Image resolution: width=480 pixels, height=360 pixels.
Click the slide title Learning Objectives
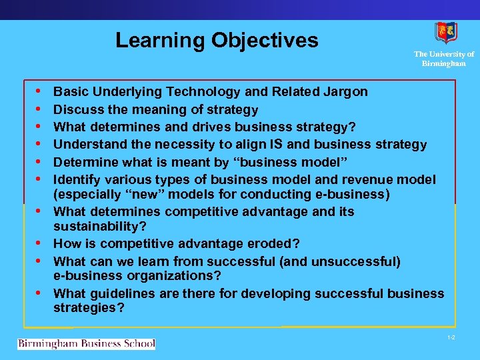coord(217,40)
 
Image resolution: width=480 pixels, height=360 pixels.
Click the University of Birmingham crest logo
coord(445,33)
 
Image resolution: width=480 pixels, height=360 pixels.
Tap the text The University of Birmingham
coord(444,59)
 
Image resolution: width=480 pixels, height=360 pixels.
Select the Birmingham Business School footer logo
coord(86,344)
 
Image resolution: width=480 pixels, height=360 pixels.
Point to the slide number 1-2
coord(451,339)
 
